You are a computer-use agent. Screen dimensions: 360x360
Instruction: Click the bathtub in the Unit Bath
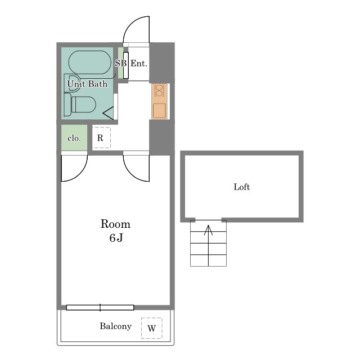[89, 62]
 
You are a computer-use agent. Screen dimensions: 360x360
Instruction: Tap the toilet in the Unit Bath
[80, 105]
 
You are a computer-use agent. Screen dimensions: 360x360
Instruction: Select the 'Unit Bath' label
[87, 84]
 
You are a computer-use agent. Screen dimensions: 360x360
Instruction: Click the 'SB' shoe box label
[121, 63]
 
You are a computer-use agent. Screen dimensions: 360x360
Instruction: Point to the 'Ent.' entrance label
[139, 64]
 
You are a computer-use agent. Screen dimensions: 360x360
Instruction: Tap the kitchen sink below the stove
[159, 111]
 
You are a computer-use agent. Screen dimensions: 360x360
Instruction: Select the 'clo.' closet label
[74, 138]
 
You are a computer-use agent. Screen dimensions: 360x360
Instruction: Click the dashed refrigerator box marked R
[101, 137]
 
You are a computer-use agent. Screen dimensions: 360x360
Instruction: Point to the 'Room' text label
[115, 224]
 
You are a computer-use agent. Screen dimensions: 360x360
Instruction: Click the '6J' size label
[116, 238]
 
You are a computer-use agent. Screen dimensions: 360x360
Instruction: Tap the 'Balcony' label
[115, 326]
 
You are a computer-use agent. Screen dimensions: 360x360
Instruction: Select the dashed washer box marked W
[152, 328]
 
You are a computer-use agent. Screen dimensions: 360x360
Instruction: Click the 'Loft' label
[242, 187]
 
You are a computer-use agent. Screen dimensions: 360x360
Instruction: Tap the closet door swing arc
[80, 174]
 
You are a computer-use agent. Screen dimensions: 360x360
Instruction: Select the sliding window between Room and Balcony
[100, 308]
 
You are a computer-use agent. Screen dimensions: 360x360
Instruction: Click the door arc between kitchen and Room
[130, 174]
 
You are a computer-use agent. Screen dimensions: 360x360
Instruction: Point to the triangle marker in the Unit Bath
[108, 113]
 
